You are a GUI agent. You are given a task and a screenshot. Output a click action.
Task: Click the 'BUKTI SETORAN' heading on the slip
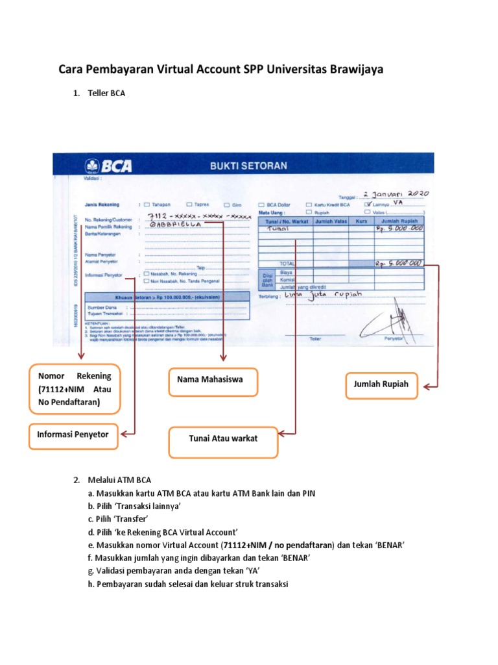pos(248,166)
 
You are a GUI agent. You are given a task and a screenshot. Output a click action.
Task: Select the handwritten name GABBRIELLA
pos(175,224)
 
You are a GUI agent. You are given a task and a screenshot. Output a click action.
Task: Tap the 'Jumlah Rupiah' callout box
pos(381,384)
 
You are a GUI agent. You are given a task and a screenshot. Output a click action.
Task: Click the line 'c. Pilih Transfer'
pos(123,518)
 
